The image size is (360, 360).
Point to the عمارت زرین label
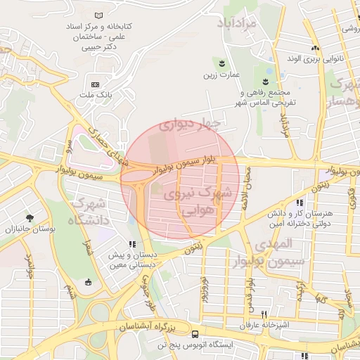click(222, 74)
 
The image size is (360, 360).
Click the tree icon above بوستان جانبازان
click(29, 217)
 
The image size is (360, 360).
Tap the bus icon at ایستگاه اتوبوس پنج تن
click(194, 335)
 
